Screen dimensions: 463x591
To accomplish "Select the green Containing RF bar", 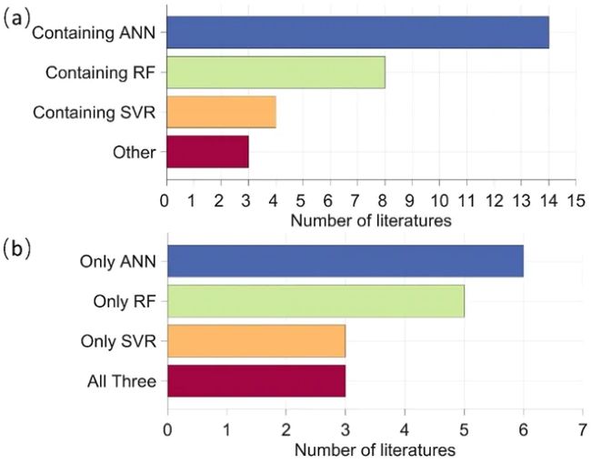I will tap(275, 72).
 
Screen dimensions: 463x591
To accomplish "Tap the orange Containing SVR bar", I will tap(220, 112).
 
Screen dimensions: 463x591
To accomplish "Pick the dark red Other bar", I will tap(206, 152).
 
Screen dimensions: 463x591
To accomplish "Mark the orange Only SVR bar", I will tap(256, 341).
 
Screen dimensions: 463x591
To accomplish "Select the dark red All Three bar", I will tap(256, 381).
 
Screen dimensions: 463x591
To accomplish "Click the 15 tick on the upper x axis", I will tap(576, 199).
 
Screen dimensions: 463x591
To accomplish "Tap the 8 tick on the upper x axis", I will tap(385, 199).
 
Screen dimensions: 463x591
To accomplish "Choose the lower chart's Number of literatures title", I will tap(374, 447).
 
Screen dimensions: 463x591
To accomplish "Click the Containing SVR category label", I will tap(95, 113).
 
